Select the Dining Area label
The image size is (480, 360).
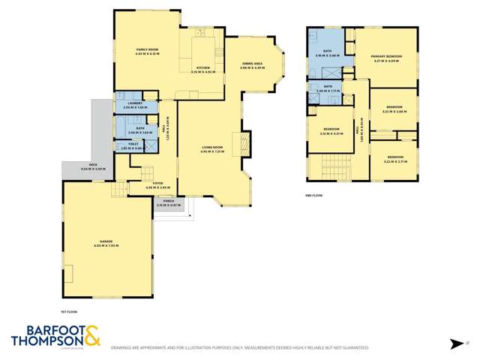pos(252,64)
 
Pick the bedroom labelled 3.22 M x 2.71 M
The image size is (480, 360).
pos(394,160)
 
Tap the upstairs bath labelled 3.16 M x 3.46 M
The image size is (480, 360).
pos(329,52)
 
